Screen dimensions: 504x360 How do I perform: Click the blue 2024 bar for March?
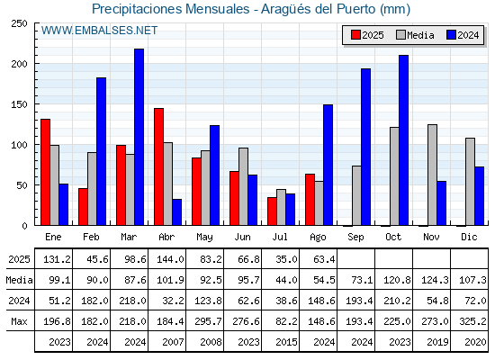[x=139, y=137]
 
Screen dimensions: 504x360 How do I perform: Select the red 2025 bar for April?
[x=158, y=166]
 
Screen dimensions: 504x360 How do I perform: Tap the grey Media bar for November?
[x=432, y=175]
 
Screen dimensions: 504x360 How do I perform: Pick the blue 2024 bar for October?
[x=404, y=140]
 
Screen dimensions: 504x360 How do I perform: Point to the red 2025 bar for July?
[x=272, y=211]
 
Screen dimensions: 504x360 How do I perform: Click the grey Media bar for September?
[x=356, y=195]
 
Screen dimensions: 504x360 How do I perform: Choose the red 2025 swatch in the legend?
[x=355, y=35]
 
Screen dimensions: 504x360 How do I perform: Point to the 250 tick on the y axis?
[x=19, y=23]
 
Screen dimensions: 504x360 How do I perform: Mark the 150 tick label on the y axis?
[x=19, y=104]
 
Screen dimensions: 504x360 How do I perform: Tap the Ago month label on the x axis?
[x=318, y=238]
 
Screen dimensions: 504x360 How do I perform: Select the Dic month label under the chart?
[x=469, y=237]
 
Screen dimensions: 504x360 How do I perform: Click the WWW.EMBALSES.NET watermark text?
[x=99, y=31]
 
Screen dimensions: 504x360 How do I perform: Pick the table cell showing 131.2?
[x=58, y=259]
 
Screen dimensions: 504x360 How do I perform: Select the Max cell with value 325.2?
[x=472, y=321]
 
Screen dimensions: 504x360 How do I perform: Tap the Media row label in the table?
[x=19, y=280]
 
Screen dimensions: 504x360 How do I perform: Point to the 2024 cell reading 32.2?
[x=173, y=301]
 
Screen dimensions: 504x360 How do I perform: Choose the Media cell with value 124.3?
[x=435, y=280]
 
